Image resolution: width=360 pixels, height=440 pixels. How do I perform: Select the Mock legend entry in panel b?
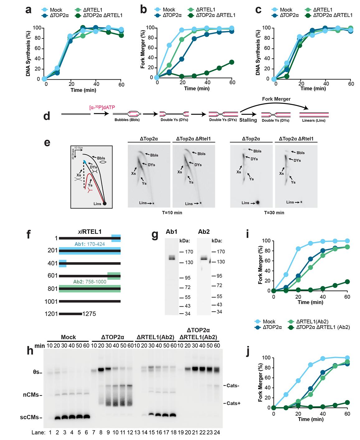pyautogui.click(x=169, y=10)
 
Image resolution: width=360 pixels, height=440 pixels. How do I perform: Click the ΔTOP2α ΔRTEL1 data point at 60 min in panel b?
pyautogui.click(x=231, y=62)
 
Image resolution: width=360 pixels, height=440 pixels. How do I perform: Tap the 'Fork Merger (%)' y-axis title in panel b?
pyautogui.click(x=143, y=49)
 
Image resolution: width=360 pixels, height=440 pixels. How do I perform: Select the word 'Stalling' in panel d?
pyautogui.click(x=248, y=120)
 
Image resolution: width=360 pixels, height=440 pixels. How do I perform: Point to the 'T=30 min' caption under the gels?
pyautogui.click(x=274, y=213)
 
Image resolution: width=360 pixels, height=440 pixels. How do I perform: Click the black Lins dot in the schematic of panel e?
pyautogui.click(x=105, y=204)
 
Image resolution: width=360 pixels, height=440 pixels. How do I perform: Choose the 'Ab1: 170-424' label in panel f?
pyautogui.click(x=90, y=244)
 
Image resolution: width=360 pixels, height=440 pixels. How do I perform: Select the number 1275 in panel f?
pyautogui.click(x=89, y=314)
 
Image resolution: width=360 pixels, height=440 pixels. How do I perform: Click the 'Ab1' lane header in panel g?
pyautogui.click(x=171, y=232)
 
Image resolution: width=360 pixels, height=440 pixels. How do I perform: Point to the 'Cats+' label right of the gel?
pyautogui.click(x=233, y=403)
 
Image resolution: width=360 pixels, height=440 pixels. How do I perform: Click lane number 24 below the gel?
pyautogui.click(x=217, y=432)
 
